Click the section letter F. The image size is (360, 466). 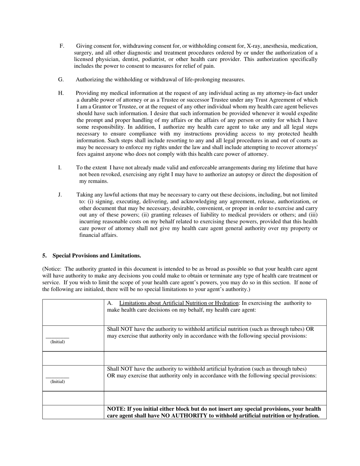(62, 46)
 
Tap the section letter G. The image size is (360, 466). (61, 80)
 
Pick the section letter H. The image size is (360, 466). (61, 93)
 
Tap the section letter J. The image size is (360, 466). (60, 195)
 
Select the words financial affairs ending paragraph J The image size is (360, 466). (98, 235)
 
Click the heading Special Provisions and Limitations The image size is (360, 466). (97, 256)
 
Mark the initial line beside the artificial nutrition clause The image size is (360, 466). (57, 337)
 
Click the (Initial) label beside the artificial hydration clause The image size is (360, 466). (58, 382)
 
